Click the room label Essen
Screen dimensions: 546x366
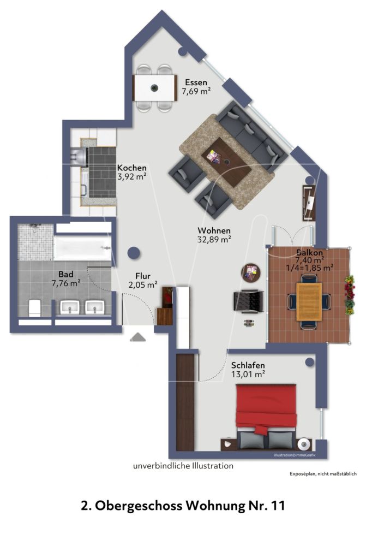(x=196, y=82)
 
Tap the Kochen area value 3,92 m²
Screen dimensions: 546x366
(x=131, y=176)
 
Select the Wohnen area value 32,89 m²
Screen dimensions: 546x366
(x=214, y=239)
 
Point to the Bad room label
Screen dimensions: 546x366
(x=66, y=275)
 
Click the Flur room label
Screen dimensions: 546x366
(x=143, y=276)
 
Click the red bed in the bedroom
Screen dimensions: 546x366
(x=267, y=407)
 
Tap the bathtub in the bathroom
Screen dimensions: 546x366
(x=81, y=248)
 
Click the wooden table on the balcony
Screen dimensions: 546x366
(x=308, y=301)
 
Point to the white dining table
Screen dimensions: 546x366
(x=155, y=87)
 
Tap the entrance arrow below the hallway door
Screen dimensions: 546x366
(x=138, y=337)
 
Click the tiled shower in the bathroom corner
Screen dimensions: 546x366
(x=34, y=241)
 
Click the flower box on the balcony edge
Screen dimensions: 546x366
(x=349, y=295)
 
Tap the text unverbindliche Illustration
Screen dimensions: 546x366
(x=183, y=466)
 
